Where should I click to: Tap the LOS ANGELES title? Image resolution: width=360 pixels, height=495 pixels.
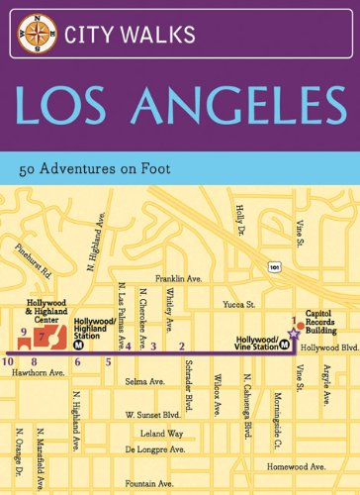click(180, 108)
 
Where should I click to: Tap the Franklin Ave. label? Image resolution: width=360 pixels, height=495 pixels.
click(184, 281)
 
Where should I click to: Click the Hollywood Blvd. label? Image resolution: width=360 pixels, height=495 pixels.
click(326, 348)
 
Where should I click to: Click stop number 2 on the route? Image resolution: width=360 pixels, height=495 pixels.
click(181, 345)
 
